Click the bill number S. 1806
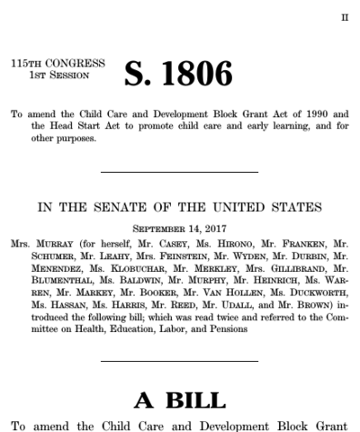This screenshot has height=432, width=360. point(181,74)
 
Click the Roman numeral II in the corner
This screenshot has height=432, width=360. point(343,17)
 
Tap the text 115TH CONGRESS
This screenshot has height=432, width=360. point(56,64)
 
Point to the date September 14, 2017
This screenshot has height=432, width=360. point(179,229)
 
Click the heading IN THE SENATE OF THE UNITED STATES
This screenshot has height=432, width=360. point(179,209)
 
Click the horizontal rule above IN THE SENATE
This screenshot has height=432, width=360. point(179,171)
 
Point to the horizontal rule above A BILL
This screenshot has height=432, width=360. point(179,362)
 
